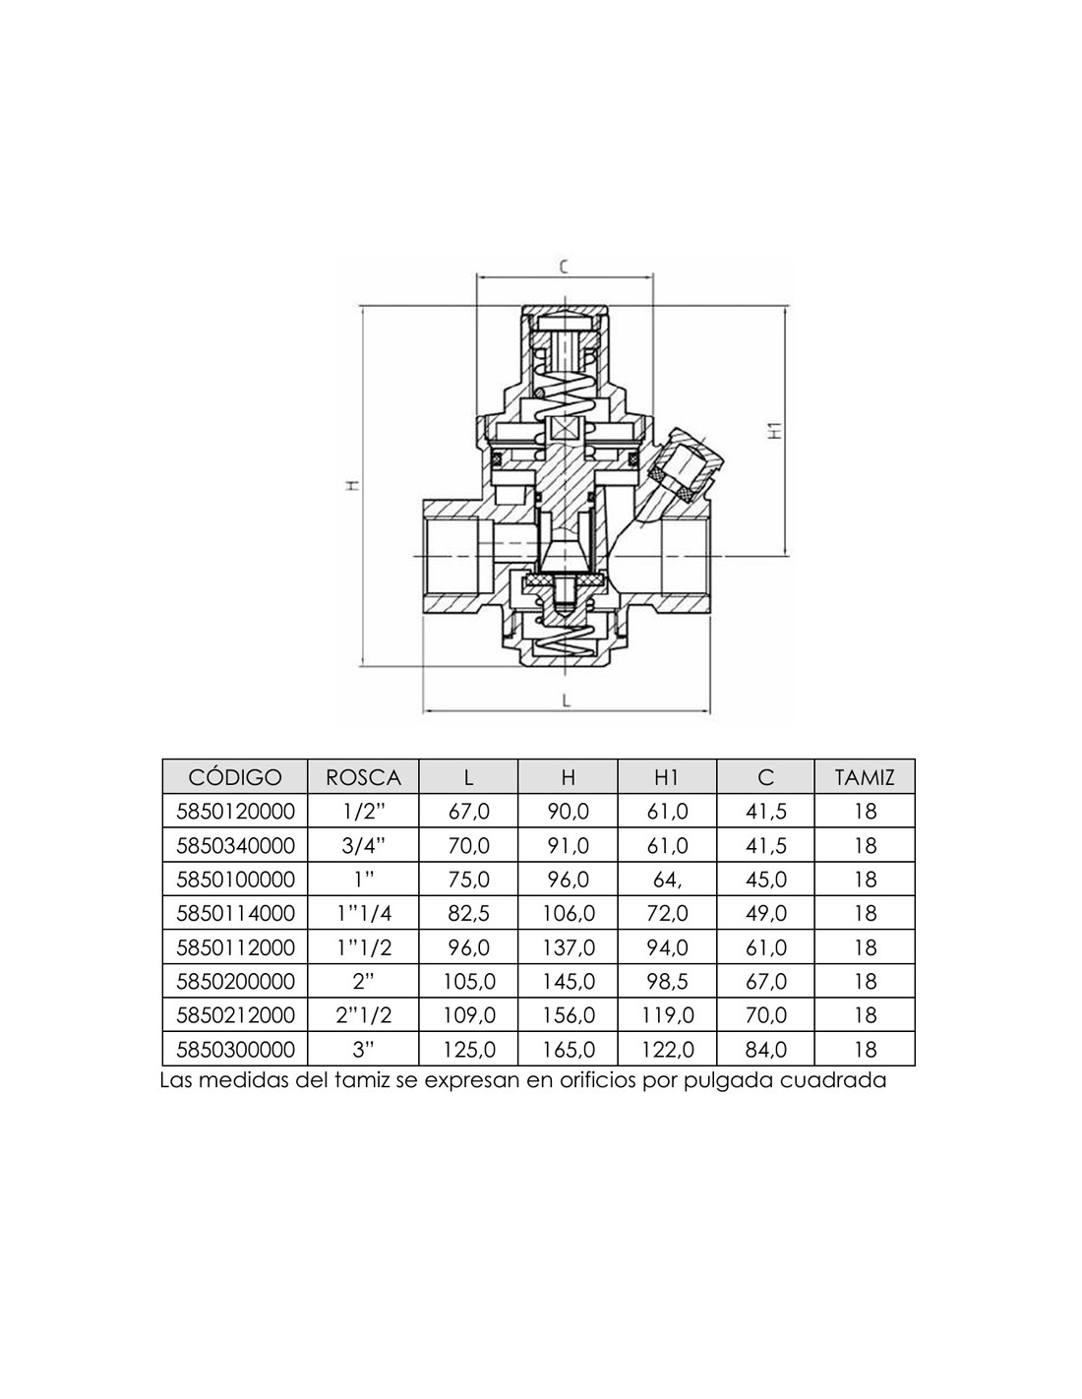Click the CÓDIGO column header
[x=235, y=777]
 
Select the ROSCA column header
[x=363, y=778]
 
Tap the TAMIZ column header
[x=865, y=778]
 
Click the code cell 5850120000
[x=235, y=812]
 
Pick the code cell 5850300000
[x=235, y=1050]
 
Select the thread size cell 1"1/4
[x=363, y=914]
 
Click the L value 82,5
[x=468, y=914]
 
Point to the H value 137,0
[x=568, y=947]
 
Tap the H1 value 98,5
[x=667, y=982]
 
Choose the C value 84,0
[x=766, y=1050]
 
